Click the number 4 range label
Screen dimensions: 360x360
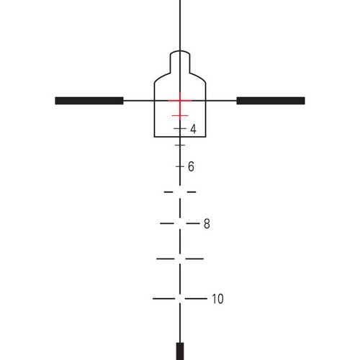pyautogui.click(x=193, y=129)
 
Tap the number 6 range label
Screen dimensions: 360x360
pyautogui.click(x=191, y=166)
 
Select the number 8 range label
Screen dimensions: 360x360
pyautogui.click(x=207, y=224)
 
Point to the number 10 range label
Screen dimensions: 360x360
pyautogui.click(x=217, y=299)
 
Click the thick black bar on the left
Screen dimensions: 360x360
pyautogui.click(x=89, y=101)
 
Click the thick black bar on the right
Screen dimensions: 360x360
pyautogui.click(x=271, y=101)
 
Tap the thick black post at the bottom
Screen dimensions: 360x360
pyautogui.click(x=180, y=351)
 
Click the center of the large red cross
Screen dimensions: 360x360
pyautogui.click(x=180, y=101)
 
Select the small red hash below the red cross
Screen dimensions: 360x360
pyautogui.click(x=180, y=116)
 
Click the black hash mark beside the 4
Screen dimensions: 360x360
pyautogui.click(x=180, y=129)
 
